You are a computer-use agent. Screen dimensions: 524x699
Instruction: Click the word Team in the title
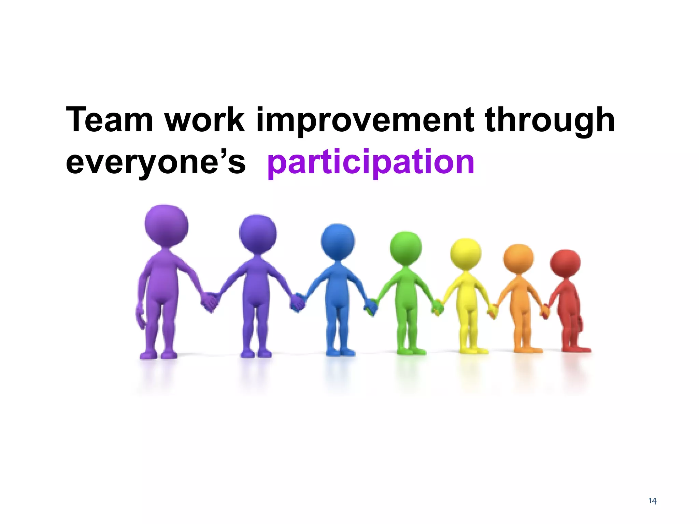(110, 120)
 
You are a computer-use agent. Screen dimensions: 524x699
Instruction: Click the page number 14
(652, 501)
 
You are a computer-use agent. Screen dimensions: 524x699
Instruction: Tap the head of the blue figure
(338, 241)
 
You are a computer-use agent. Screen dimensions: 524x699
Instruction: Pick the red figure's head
(565, 263)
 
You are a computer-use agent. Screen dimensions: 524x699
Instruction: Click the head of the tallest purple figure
(166, 225)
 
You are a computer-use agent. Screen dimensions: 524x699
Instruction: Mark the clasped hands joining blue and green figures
(371, 307)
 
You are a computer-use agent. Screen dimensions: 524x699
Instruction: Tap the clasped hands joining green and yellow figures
(437, 307)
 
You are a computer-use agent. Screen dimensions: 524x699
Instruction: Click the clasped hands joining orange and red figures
(545, 310)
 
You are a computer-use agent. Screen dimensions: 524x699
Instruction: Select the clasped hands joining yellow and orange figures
(493, 310)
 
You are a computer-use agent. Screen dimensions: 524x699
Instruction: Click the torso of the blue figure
(338, 287)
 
